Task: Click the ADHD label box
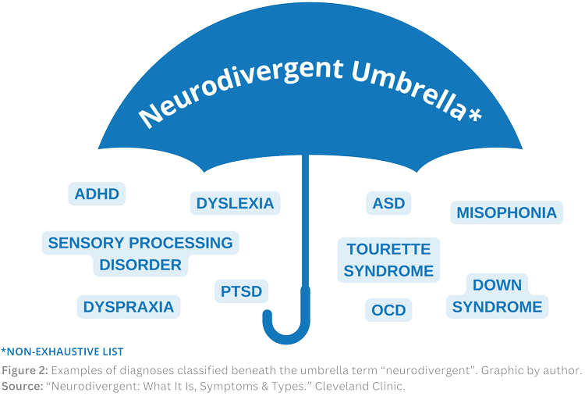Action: [97, 194]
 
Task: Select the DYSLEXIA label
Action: [235, 204]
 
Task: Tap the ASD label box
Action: [388, 203]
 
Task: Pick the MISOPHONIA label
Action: [506, 212]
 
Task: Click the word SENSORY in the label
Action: [86, 243]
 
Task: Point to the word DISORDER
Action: [140, 265]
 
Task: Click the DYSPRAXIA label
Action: [128, 306]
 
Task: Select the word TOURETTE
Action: [388, 250]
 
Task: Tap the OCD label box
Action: [388, 310]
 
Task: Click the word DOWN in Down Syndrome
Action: [497, 285]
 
